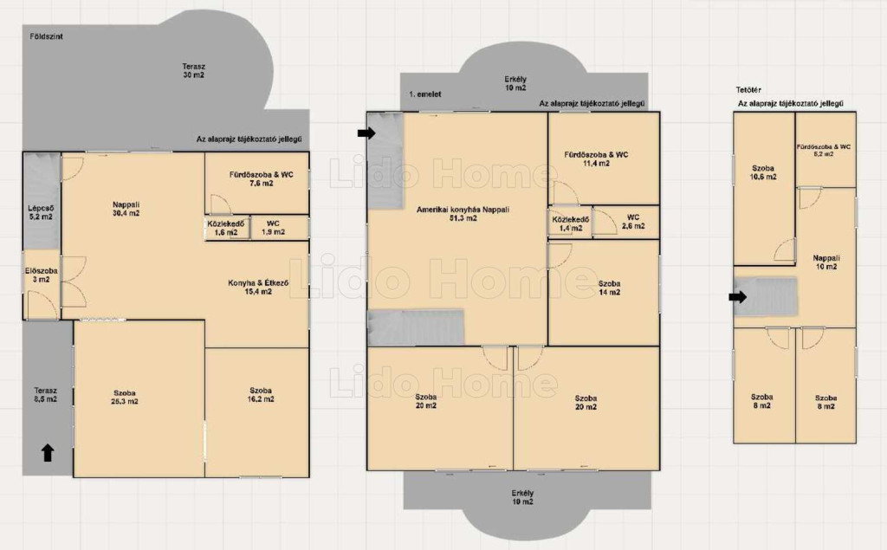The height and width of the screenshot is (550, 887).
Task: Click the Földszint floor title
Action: coord(46,36)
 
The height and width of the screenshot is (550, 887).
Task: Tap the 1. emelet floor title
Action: coord(424,94)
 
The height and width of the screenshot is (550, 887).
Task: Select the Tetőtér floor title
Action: coord(748,89)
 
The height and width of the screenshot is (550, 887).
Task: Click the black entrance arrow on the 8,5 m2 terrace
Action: coord(48,452)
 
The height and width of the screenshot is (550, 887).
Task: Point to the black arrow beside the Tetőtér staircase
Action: coord(738,296)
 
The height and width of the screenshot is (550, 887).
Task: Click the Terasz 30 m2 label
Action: coord(193,70)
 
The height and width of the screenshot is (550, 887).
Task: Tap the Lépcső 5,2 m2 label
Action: coord(41,212)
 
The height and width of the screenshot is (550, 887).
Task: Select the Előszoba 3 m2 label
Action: coord(41,275)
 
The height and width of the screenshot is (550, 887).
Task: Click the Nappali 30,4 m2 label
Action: coord(126,209)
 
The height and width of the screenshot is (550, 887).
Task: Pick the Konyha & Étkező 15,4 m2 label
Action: coord(258,287)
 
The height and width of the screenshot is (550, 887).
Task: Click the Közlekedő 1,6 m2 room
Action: coord(227,228)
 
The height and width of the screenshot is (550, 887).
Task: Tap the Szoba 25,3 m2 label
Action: coord(125,398)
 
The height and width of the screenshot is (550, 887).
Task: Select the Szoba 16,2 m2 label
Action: coord(261,394)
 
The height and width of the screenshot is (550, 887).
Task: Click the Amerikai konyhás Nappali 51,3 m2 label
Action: coord(463,213)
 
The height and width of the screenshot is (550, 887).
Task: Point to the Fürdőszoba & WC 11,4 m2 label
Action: coord(596,159)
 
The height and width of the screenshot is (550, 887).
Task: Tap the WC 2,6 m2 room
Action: coord(625,222)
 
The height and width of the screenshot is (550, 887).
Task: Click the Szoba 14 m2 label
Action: coord(609,288)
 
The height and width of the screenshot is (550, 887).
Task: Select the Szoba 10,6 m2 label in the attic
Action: coord(763,172)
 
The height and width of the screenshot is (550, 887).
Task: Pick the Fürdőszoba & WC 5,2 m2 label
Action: coord(824,150)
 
